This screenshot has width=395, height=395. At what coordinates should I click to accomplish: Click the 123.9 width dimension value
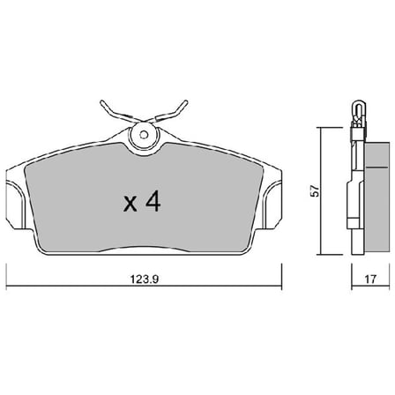pos(145,279)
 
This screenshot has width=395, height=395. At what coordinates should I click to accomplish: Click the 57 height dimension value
pos(315,191)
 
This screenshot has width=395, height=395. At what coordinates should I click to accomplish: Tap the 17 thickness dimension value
pos(370,279)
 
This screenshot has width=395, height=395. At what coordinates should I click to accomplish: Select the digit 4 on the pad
pos(153,202)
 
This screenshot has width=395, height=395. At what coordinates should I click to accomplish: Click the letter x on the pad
pos(130,204)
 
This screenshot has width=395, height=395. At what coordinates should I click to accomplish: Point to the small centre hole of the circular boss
pos(144,135)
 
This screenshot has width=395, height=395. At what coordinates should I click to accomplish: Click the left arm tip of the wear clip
pos(102,102)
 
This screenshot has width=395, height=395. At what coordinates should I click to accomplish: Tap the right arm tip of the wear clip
pos(185,102)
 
